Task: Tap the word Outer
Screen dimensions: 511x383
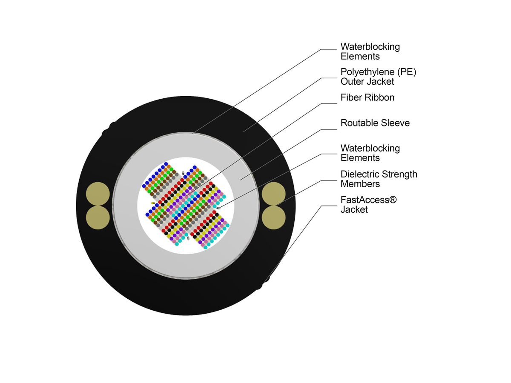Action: pos(351,82)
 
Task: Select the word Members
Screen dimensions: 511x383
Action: pos(360,184)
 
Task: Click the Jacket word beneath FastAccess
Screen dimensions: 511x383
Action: pos(354,209)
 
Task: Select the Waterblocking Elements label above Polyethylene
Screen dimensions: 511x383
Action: pos(370,51)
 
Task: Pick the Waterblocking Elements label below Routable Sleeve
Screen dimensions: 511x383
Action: pos(370,153)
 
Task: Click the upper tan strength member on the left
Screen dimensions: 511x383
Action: pos(98,194)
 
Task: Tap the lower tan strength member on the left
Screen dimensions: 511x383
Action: pos(98,217)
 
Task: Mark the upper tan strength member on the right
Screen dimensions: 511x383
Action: pos(273,194)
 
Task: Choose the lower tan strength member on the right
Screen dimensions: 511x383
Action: pos(273,217)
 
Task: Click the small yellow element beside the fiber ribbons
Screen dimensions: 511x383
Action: pos(153,203)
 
